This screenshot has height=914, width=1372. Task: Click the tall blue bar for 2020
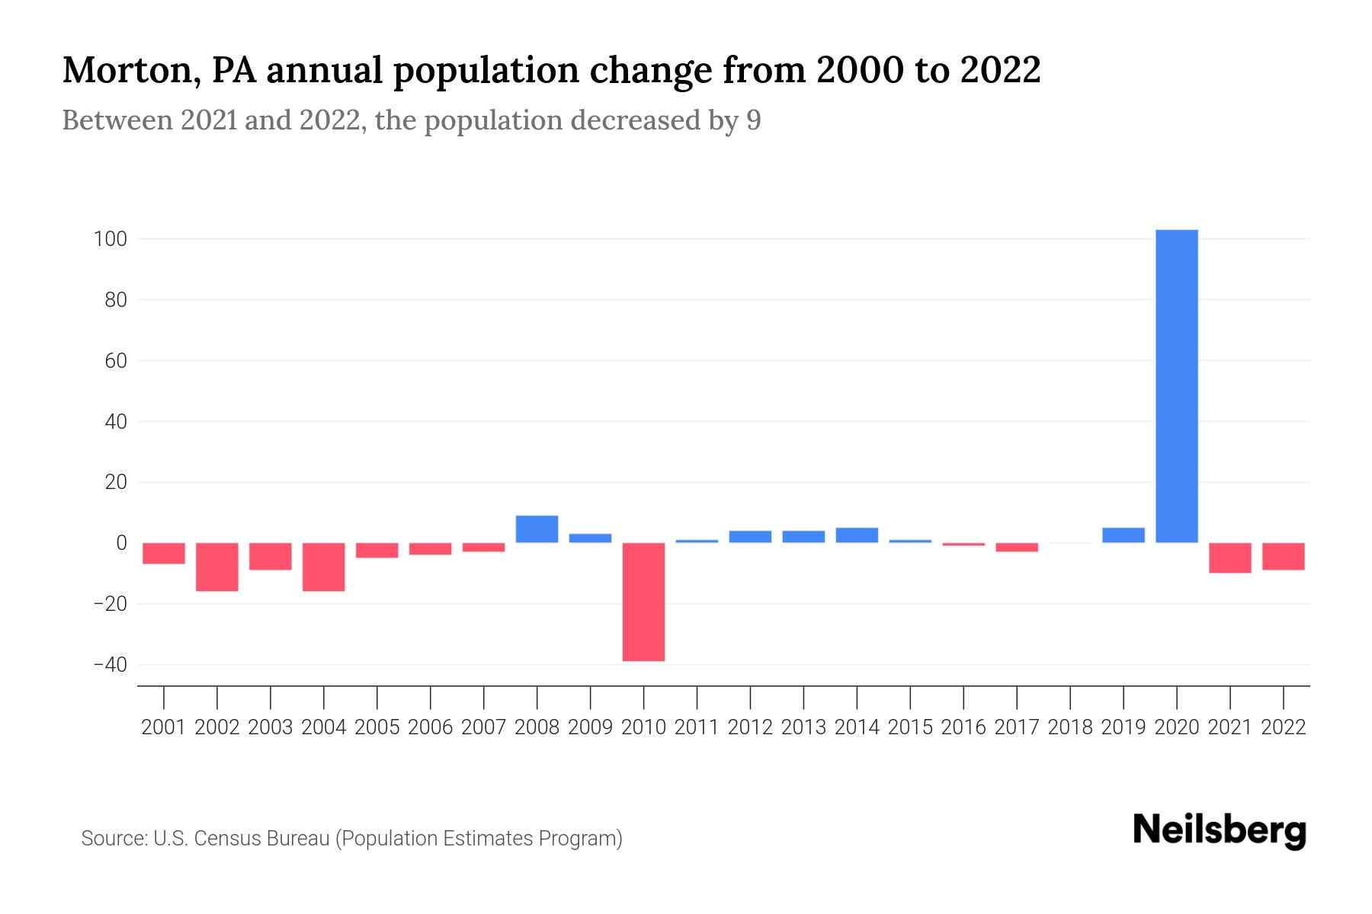pos(1177,386)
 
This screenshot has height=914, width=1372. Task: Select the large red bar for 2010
pos(643,602)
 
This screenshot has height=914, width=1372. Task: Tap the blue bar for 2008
pos(537,529)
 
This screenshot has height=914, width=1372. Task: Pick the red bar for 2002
pos(217,567)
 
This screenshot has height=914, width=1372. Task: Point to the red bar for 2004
pos(324,567)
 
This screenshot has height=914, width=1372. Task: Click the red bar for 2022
pos(1284,557)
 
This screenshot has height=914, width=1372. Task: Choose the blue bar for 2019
pos(1124,535)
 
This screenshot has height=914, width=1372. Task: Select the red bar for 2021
pos(1230,558)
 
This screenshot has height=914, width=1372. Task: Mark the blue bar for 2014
pos(857,535)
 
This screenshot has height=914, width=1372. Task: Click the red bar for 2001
pos(164,554)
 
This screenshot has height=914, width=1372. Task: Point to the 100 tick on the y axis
pos(110,239)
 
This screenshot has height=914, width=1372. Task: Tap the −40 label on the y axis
pos(110,665)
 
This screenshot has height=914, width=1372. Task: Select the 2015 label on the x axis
pos(910,727)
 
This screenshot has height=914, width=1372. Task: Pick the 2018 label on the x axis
pos(1070,727)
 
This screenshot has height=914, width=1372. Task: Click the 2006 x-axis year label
pos(431,727)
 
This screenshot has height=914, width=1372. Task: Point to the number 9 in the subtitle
pos(753,121)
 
